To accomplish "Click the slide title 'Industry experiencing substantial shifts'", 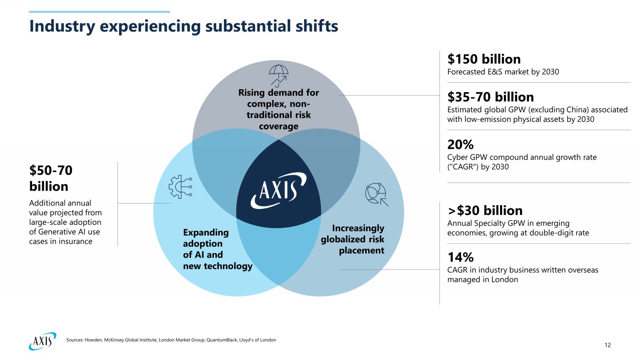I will click(x=183, y=26).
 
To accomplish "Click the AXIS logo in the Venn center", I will click(x=278, y=190).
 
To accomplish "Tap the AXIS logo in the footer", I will click(x=42, y=341).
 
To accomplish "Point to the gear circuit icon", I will click(x=180, y=187).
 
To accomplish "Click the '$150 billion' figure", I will click(x=484, y=59).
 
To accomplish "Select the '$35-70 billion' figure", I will click(x=490, y=97).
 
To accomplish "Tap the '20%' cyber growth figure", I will click(x=460, y=144).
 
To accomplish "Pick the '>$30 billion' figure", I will click(x=485, y=210).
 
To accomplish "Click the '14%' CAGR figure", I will click(x=460, y=257).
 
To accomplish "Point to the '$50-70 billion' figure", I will click(x=51, y=178).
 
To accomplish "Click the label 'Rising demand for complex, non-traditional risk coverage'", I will click(x=279, y=109).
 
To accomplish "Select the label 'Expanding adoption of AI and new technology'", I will click(x=218, y=249).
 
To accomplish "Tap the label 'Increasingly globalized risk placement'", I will click(x=353, y=239).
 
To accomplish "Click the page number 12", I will click(x=608, y=345).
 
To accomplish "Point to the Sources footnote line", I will click(x=171, y=340).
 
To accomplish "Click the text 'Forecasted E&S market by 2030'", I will click(x=503, y=72).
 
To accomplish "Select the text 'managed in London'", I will click(x=483, y=279).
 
